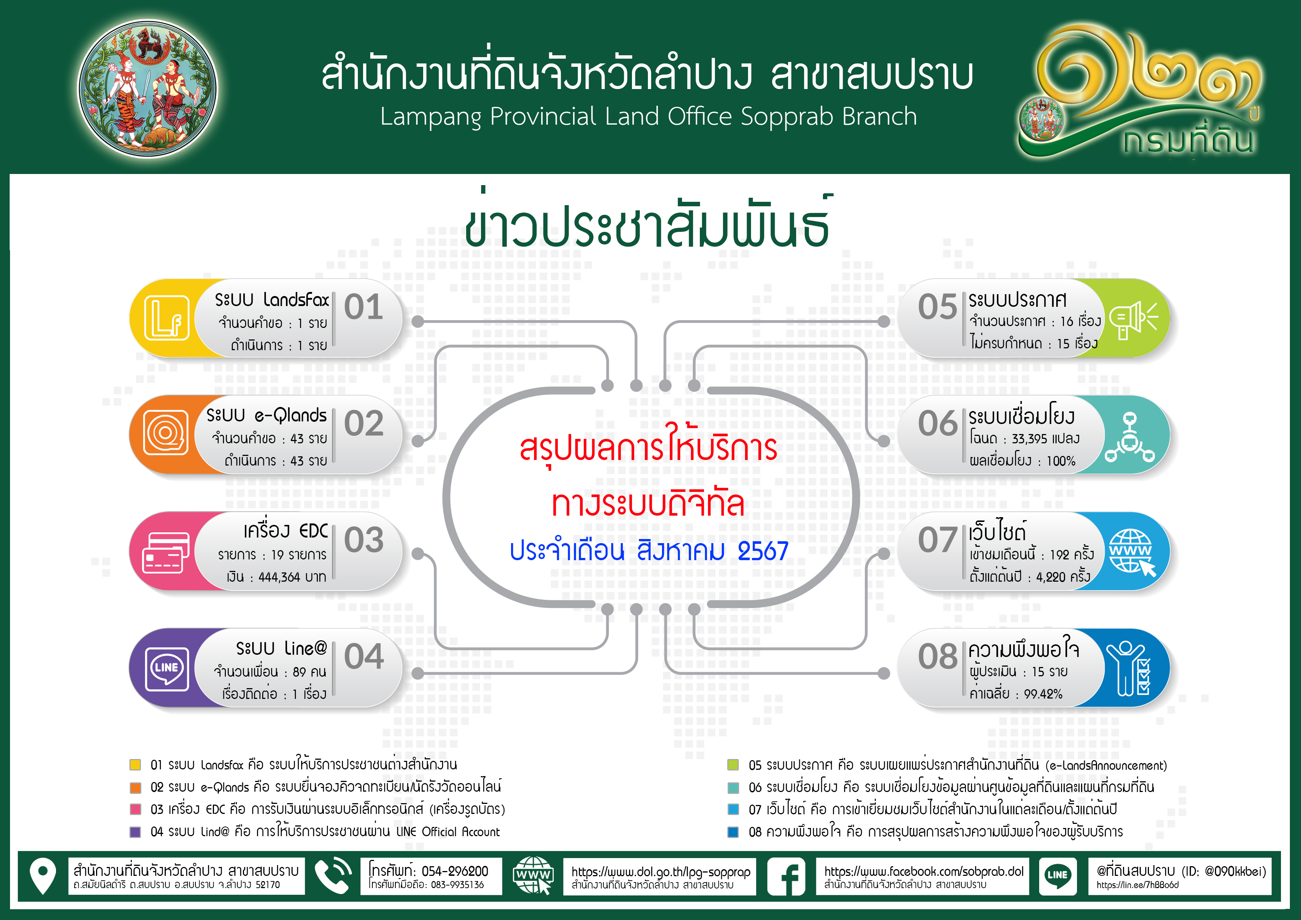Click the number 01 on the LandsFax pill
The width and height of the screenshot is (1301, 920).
364,308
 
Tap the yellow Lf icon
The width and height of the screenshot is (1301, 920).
167,318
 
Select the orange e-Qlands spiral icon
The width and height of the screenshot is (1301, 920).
165,433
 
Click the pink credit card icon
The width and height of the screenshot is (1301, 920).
165,553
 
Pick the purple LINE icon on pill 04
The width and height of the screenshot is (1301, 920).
167,669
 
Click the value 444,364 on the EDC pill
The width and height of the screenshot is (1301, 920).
279,577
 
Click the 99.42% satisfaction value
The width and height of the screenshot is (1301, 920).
1043,694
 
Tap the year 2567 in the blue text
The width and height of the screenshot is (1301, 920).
763,551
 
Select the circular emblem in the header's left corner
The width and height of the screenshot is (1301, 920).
147,89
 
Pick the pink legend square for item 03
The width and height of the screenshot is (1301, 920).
135,809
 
